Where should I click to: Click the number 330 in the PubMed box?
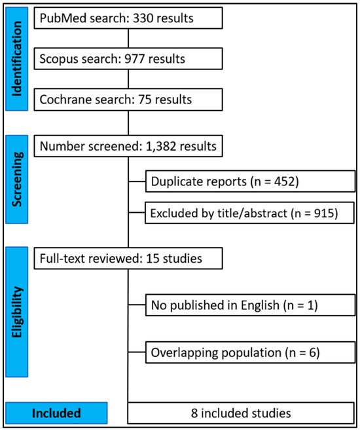coord(143,18)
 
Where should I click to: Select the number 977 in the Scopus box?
coord(135,59)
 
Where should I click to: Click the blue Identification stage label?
coord(17,59)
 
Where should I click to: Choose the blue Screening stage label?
coord(17,179)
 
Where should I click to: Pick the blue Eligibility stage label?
coord(17,312)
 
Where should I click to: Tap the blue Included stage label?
coord(56,413)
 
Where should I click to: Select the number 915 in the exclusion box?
coord(324,214)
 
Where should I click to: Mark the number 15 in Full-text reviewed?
coord(153,259)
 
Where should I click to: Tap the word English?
coord(260,306)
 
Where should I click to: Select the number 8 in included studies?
coord(194,413)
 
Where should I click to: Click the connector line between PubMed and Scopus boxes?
coord(128,38)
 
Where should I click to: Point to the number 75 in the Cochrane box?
coord(145,100)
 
